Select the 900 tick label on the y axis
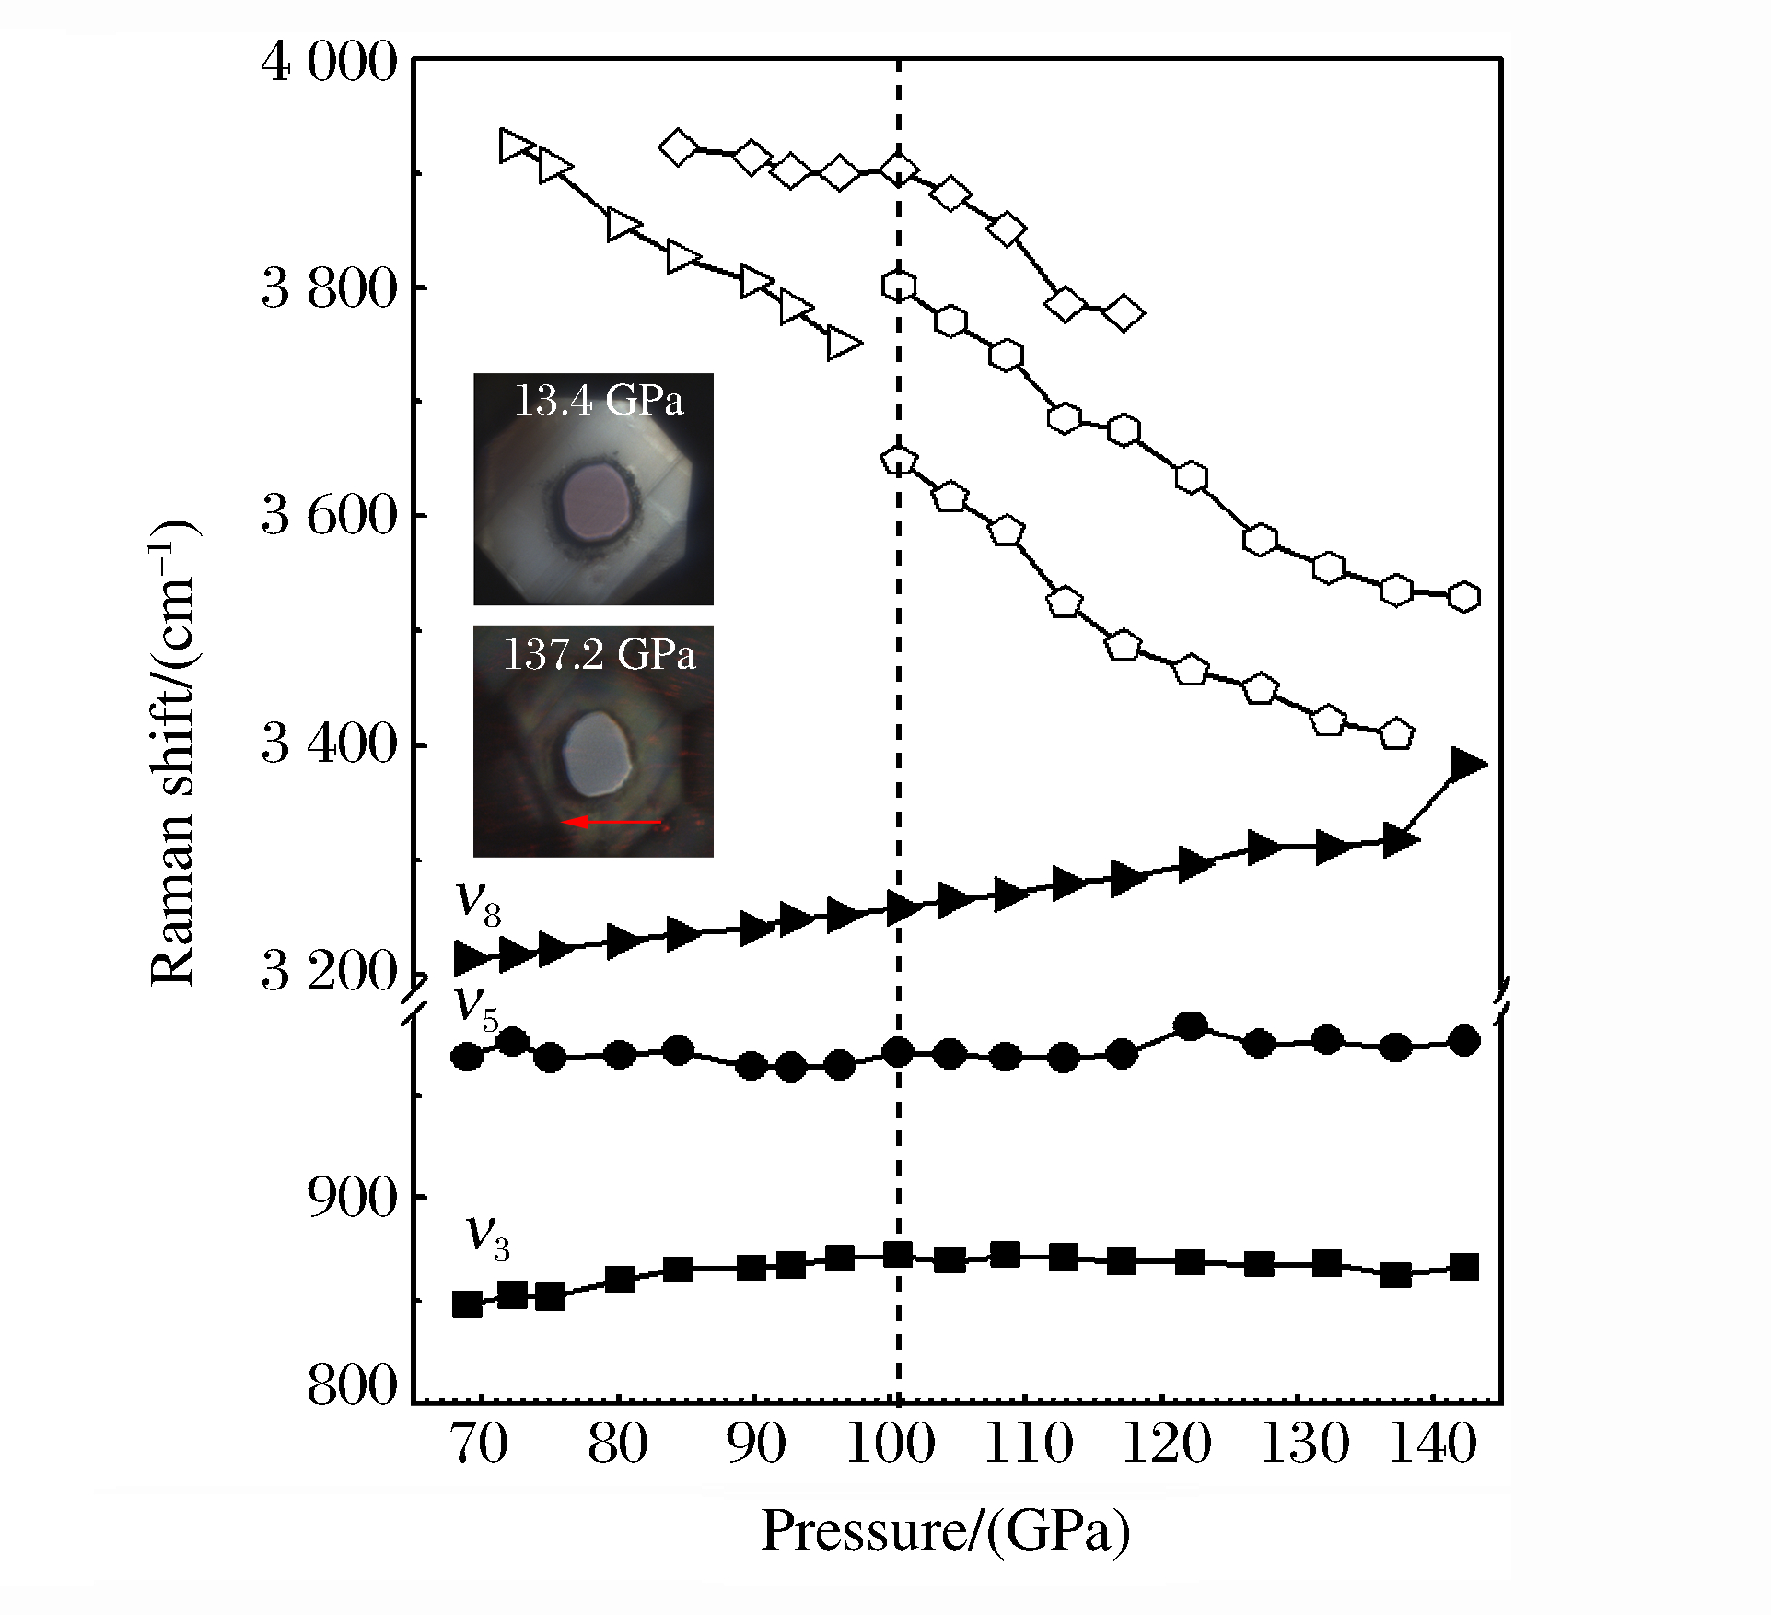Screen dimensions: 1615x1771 coord(354,1197)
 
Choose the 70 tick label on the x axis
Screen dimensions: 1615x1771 coord(481,1445)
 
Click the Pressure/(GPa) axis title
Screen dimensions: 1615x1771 coord(946,1532)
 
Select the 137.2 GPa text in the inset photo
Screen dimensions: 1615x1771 coord(599,654)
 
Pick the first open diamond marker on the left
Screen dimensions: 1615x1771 coord(679,147)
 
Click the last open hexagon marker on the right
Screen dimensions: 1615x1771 coord(1463,597)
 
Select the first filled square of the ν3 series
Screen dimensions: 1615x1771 coord(468,1305)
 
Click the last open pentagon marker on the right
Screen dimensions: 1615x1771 coord(1396,733)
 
